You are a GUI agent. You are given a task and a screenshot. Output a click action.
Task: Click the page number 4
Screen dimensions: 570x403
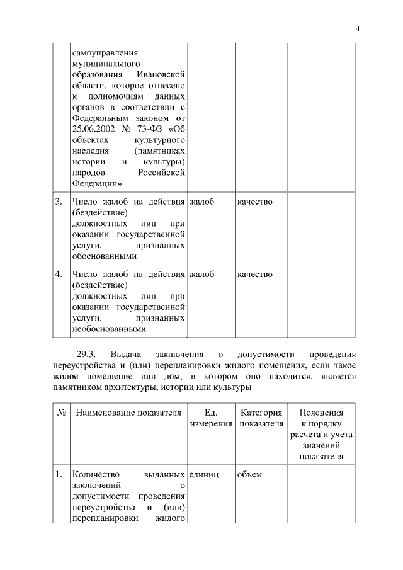click(358, 28)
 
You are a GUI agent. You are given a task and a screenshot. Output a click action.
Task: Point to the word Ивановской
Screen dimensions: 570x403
click(160, 76)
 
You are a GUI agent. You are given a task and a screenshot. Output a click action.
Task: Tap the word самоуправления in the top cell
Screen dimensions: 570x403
click(104, 53)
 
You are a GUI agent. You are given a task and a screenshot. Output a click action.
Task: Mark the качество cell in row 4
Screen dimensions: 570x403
click(254, 274)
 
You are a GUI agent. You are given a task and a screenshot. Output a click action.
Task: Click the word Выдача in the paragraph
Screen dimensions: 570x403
click(125, 353)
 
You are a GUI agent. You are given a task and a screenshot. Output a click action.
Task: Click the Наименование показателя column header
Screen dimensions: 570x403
click(128, 413)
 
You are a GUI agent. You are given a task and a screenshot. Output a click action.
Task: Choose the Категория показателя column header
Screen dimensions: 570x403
click(261, 419)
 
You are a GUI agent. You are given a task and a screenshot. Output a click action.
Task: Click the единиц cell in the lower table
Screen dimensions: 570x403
click(203, 474)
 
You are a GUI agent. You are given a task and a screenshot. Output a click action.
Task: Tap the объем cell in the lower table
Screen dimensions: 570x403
click(249, 474)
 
